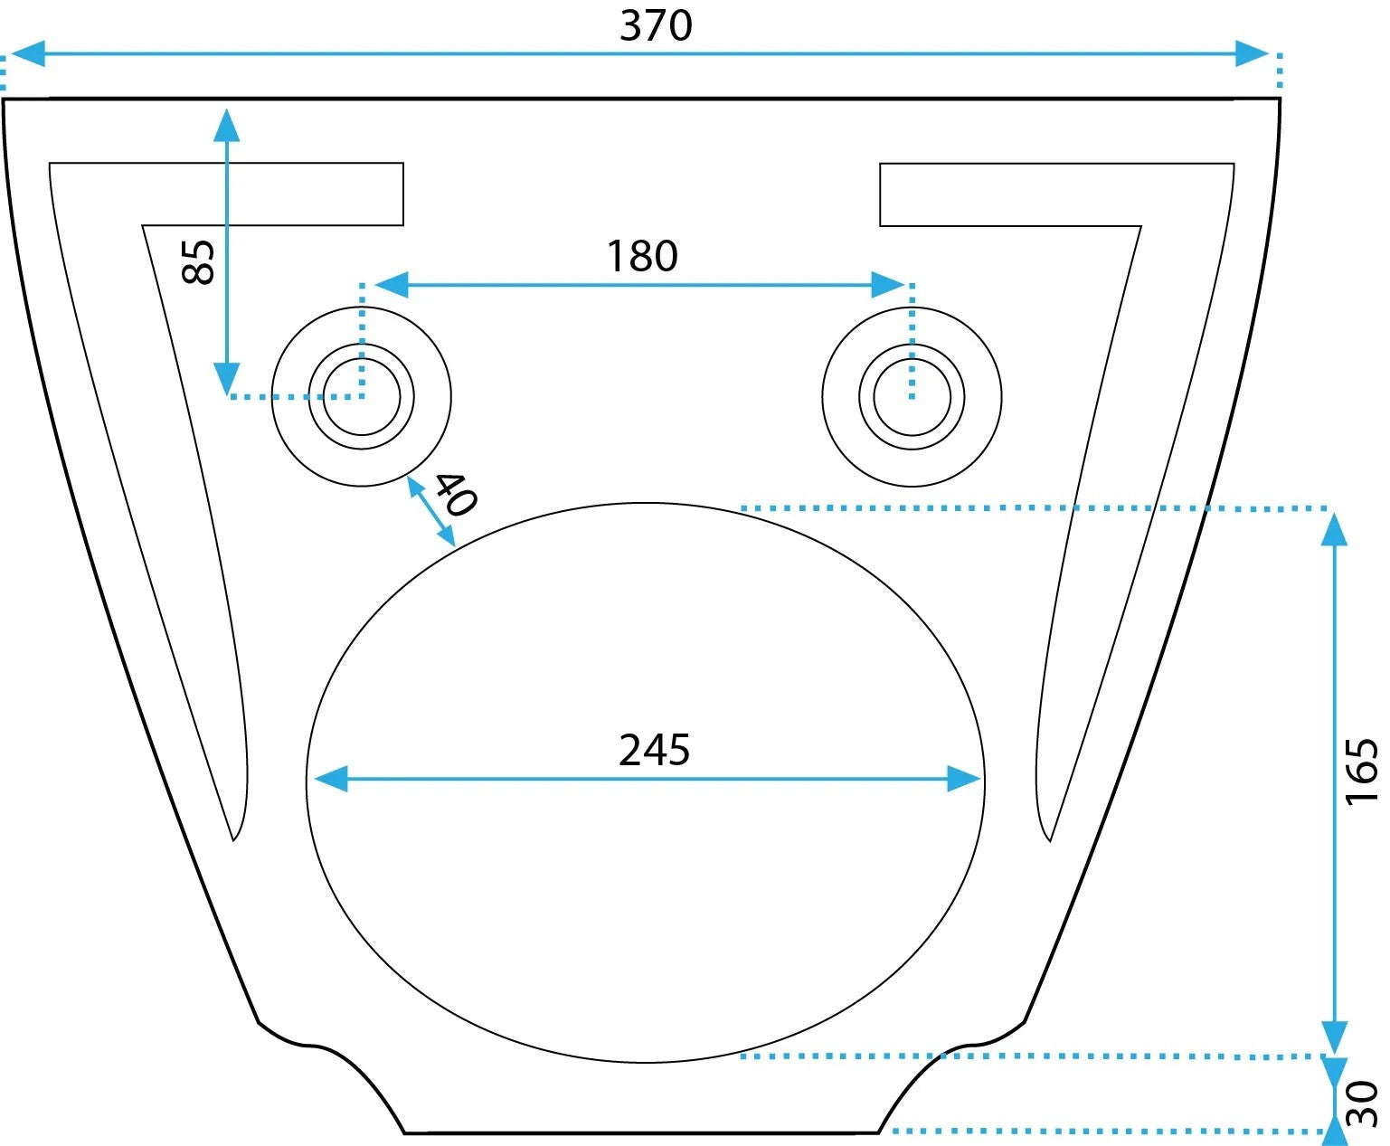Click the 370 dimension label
pos(656,26)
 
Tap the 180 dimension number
pos(642,256)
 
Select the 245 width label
pos(655,751)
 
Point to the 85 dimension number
pos(198,262)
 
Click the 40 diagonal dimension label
pos(456,494)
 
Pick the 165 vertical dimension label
pos(1361,772)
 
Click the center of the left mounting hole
pos(362,397)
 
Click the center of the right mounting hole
pos(912,397)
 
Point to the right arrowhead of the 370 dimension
pos(1253,53)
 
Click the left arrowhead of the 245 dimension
pos(331,779)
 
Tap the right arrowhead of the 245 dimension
pos(964,779)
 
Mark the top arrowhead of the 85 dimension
pos(227,125)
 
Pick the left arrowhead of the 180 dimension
pos(392,284)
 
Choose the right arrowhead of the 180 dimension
pos(889,284)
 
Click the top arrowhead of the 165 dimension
pos(1334,530)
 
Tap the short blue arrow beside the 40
pos(430,511)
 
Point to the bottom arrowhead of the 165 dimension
pos(1334,1038)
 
